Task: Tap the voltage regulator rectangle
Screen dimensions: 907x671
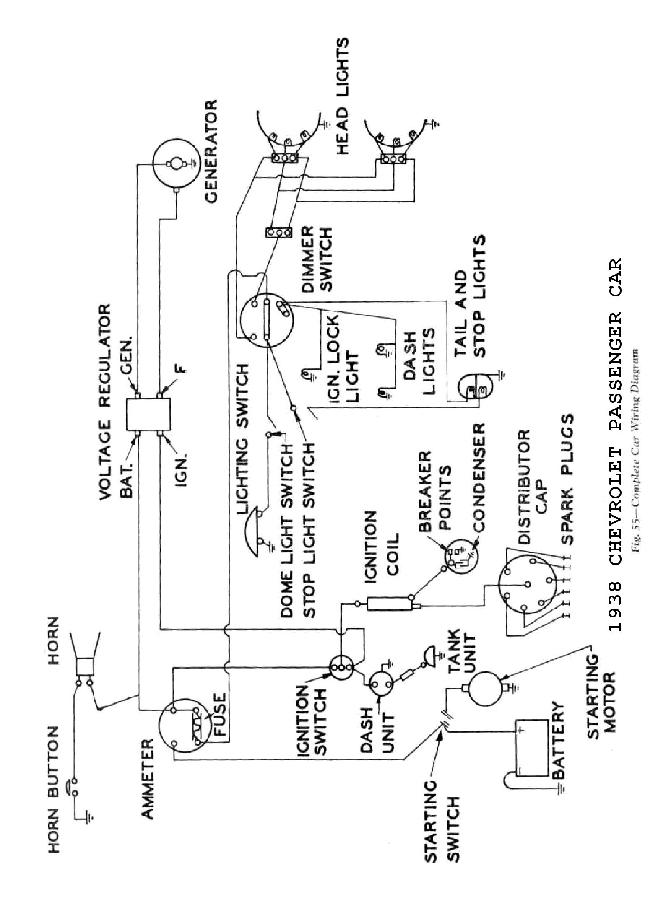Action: pyautogui.click(x=149, y=414)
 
